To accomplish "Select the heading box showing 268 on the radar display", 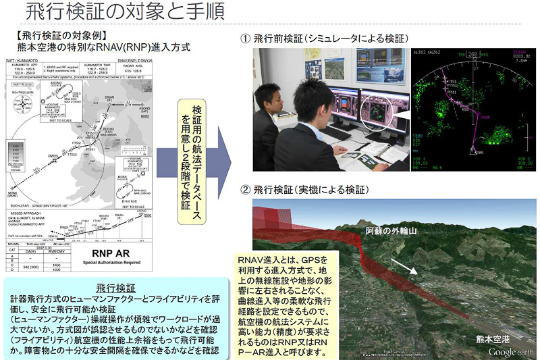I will [x=472, y=54].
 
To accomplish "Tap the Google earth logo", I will [x=511, y=352].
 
